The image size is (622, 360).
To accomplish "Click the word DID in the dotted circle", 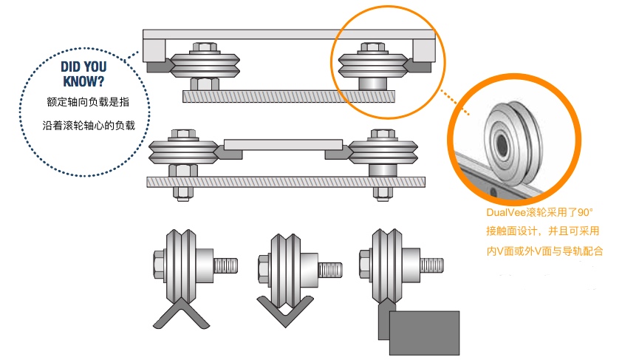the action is click(x=72, y=67).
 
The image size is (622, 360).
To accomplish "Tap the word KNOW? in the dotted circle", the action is click(x=83, y=81).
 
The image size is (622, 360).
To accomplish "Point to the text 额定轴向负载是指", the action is click(x=88, y=102).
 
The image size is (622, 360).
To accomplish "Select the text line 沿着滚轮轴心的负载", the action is click(x=89, y=126).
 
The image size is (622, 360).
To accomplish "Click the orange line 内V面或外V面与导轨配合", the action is click(x=544, y=251).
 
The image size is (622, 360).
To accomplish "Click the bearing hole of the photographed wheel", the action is click(x=502, y=141).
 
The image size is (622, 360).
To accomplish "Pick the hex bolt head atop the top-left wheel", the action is click(x=205, y=47).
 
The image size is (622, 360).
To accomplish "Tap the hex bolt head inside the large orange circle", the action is click(x=373, y=47).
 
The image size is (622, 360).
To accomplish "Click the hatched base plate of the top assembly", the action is click(x=289, y=96).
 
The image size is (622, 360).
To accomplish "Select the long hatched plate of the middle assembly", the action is click(x=286, y=182).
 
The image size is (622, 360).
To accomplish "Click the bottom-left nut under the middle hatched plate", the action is click(x=183, y=193).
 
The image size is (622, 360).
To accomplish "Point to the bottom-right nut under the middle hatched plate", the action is click(x=383, y=193).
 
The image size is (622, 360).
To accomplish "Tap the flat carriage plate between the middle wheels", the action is click(x=283, y=144).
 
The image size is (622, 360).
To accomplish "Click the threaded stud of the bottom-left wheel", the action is click(x=226, y=265).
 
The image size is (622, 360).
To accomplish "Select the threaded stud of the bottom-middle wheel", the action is click(x=330, y=270).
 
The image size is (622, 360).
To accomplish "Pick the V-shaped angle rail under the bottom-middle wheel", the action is click(x=285, y=311).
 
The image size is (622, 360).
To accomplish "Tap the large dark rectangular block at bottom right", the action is click(x=424, y=333).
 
